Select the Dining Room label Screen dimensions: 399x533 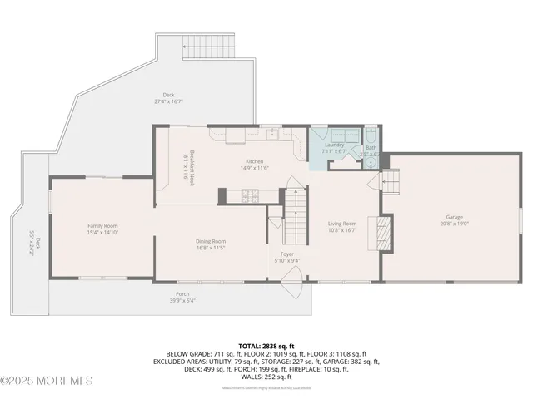(211, 241)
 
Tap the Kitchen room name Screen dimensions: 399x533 (254, 161)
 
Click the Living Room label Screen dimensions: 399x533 (341, 223)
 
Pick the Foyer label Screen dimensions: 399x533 (286, 255)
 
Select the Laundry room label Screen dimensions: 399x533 (323, 145)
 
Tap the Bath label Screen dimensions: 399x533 (371, 148)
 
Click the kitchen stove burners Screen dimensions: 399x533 (247, 196)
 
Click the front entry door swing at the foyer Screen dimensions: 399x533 (291, 290)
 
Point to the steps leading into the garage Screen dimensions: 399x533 (391, 179)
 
